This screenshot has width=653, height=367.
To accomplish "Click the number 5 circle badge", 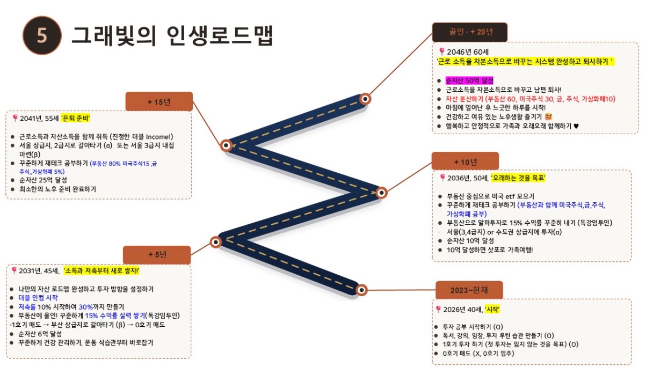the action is pos(42,35).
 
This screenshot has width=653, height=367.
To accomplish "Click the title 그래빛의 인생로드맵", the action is pos(172,35).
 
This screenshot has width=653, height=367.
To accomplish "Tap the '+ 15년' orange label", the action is pos(159,101).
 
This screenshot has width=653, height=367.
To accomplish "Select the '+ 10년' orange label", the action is pos(465,162).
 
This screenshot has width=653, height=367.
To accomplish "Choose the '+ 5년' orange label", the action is pos(157,255).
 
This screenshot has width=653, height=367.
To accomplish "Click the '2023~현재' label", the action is pos(469,290).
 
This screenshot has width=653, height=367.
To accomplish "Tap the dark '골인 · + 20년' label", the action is pos(470,32).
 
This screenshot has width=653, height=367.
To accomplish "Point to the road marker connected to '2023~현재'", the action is pos(361,290).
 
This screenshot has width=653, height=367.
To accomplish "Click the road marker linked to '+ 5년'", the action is pos(216,242).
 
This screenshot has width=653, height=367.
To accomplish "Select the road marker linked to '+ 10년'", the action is pos(381,193).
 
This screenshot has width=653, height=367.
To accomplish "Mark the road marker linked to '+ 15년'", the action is pos(226,145).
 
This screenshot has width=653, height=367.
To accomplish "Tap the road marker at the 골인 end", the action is pos(365,99).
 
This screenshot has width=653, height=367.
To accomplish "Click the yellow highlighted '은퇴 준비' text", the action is pos(76,118).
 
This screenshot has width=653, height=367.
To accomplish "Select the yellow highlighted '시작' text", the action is pos(492,310).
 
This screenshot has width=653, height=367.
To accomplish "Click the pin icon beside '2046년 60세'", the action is pos(442,52).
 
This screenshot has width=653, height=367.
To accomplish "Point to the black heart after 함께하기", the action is pos(576,126).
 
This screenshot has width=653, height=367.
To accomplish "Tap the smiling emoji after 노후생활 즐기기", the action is pos(548,117).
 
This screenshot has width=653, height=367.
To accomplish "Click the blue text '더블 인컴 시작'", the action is pos(38,298).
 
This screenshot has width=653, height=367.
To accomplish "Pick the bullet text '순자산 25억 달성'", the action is pos(43,180).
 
